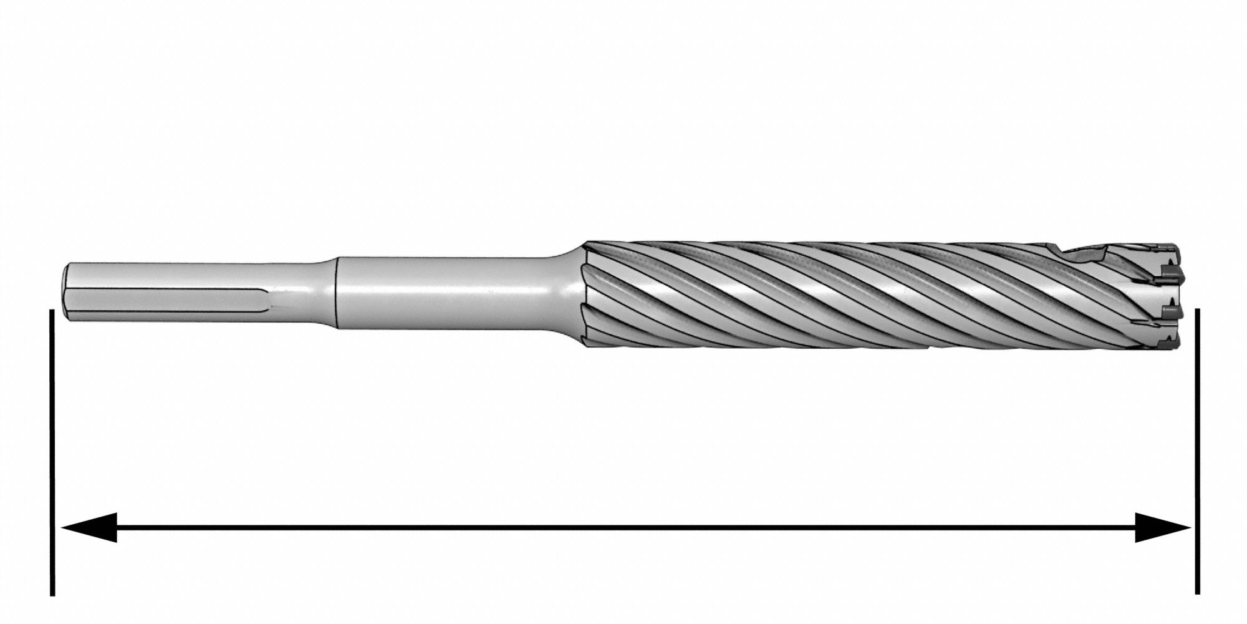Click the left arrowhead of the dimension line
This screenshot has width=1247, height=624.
87,527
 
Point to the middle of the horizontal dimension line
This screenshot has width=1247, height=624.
623,527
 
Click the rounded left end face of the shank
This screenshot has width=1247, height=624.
67,293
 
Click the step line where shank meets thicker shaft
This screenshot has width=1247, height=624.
337,293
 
